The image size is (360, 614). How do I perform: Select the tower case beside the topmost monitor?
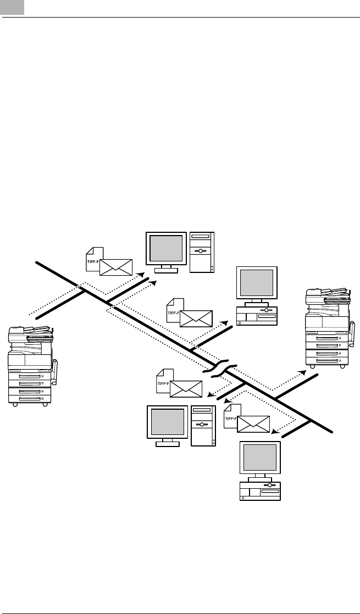[202, 252]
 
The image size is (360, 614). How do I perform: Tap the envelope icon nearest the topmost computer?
[116, 265]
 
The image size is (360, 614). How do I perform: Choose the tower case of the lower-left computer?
[203, 425]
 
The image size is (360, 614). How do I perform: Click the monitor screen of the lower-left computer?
[167, 422]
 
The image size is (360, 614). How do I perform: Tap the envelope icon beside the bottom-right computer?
[253, 423]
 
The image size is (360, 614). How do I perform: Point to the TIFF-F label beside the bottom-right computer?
[230, 421]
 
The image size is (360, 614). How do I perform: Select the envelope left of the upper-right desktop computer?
[196, 318]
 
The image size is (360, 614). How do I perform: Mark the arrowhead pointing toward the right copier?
[302, 372]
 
